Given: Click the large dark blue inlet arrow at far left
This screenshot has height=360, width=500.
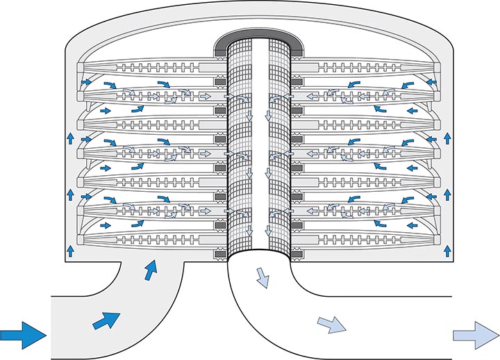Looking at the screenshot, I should [x=23, y=334].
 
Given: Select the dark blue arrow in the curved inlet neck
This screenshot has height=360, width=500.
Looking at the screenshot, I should [x=149, y=269].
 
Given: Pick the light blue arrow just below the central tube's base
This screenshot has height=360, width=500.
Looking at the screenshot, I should [x=263, y=277].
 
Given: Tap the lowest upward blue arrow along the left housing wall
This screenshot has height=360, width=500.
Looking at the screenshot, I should [x=70, y=247].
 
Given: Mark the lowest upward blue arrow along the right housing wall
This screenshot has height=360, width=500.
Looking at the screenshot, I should [x=446, y=247].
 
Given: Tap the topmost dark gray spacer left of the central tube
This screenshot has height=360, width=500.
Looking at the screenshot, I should [x=219, y=82].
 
